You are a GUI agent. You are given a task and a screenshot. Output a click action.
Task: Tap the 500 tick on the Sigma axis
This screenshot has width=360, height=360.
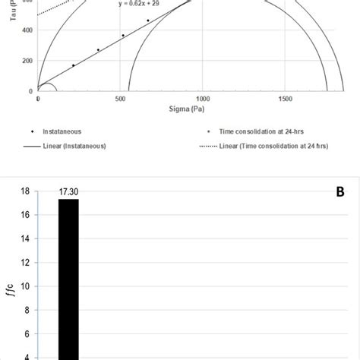coord(120,99)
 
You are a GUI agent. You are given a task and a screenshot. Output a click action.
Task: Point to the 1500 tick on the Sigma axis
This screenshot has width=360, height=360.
coord(285,99)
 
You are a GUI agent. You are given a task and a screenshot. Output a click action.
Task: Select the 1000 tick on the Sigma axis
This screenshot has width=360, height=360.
coord(202,99)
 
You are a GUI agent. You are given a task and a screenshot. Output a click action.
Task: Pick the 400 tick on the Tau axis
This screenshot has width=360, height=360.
coord(28,30)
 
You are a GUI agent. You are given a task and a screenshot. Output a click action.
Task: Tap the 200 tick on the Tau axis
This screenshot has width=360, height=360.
coord(28,61)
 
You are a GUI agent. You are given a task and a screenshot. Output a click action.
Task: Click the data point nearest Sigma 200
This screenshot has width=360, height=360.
coord(73,65)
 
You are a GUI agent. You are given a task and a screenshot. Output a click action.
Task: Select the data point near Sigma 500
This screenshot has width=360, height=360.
coord(123,35)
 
